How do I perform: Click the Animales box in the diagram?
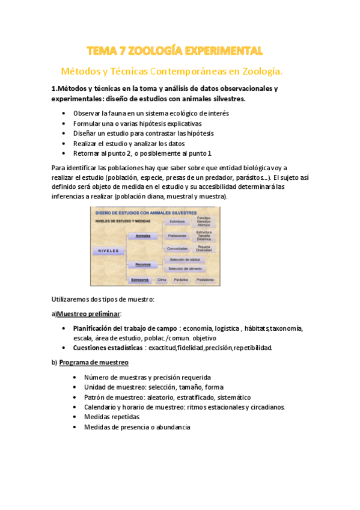[143, 236]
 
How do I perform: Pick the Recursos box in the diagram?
[143, 264]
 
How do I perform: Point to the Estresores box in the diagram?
[141, 280]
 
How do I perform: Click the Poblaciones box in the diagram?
[177, 236]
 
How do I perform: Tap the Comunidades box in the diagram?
[177, 248]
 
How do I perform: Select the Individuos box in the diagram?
[177, 222]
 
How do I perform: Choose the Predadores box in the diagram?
[205, 280]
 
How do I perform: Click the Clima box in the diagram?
[162, 280]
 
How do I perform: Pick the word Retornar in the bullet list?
[87, 154]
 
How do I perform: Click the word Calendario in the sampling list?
[102, 407]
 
